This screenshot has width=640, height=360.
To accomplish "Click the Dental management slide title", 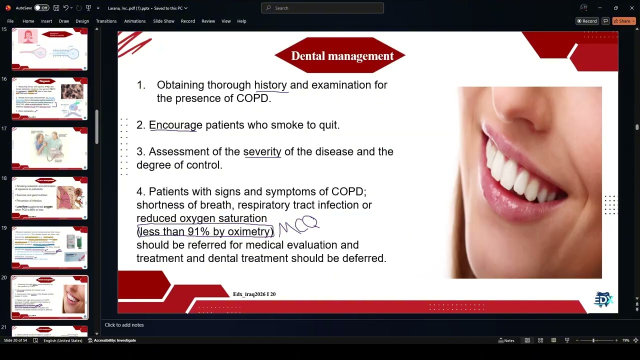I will click(x=342, y=56).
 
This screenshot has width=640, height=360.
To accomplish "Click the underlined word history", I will click(x=270, y=85).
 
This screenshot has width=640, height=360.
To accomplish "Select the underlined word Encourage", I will click(x=175, y=125).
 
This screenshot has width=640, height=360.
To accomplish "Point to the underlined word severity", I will click(x=262, y=151).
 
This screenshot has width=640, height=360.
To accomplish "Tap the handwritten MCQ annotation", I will click(x=299, y=225).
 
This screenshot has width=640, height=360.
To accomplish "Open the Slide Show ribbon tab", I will click(x=163, y=21).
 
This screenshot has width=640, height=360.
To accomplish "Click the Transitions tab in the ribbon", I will click(x=106, y=21).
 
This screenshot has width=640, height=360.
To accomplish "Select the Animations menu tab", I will click(x=134, y=21).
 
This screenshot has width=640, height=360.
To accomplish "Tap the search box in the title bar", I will click(x=322, y=8).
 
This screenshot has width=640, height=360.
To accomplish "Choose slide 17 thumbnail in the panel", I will click(x=49, y=148).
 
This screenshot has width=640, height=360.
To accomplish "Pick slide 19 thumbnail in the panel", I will click(x=49, y=247).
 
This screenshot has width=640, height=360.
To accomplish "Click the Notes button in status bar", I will click(x=506, y=340).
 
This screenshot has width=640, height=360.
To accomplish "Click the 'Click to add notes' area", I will click(x=124, y=325).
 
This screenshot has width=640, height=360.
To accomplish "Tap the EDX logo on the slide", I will click(x=603, y=299).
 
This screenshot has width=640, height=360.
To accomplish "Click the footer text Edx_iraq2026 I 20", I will click(x=254, y=294).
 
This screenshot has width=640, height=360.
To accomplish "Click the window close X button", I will click(x=631, y=8).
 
